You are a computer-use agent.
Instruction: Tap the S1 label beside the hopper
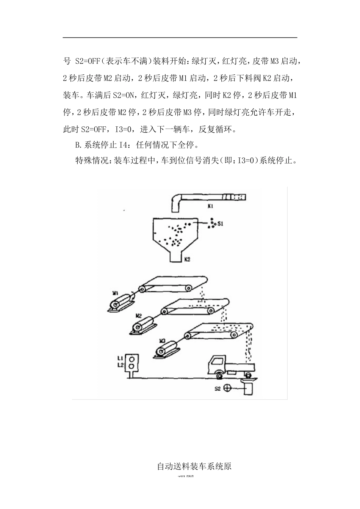(x=220, y=224)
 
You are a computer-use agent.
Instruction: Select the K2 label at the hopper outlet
(x=187, y=260)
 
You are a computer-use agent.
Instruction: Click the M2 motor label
(x=139, y=315)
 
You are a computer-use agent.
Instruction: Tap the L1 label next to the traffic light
(x=120, y=358)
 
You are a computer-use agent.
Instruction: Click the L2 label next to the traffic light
(x=120, y=365)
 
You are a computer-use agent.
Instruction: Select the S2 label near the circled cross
(x=218, y=388)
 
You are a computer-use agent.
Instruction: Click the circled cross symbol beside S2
(x=228, y=388)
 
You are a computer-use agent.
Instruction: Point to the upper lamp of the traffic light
(x=132, y=358)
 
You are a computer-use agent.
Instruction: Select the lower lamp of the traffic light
(x=132, y=366)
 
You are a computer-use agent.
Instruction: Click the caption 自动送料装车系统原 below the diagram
(x=194, y=466)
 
